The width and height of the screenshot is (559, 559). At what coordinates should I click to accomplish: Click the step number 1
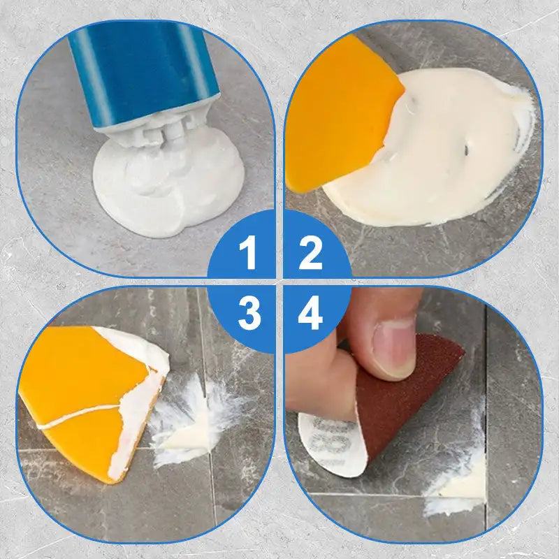click(x=247, y=253)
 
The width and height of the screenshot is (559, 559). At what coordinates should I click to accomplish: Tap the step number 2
click(x=310, y=253)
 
